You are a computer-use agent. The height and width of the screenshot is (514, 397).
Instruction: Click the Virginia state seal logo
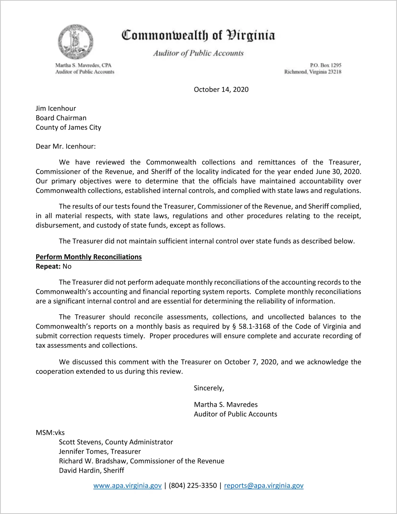click(76, 42)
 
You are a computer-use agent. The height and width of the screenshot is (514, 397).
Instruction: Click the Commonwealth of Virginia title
click(198, 35)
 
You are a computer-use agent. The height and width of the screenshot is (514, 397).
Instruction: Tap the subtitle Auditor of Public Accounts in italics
click(198, 53)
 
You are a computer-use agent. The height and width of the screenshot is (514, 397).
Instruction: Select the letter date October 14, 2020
click(221, 89)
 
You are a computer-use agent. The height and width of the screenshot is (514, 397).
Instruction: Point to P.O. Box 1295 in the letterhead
click(326, 65)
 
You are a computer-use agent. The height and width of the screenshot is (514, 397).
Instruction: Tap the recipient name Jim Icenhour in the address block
click(56, 108)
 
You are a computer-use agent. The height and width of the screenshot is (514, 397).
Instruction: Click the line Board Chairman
click(61, 118)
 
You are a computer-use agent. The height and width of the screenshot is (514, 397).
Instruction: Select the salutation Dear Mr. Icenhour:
click(66, 146)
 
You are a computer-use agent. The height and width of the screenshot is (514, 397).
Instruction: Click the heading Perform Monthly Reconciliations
click(89, 257)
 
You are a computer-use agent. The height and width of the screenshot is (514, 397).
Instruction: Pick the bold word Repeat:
click(48, 266)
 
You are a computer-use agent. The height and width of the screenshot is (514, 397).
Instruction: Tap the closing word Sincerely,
click(209, 388)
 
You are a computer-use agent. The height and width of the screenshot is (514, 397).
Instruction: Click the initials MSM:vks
click(50, 433)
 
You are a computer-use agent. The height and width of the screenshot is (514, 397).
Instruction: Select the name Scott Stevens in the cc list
click(80, 442)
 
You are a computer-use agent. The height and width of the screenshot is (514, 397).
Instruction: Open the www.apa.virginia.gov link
click(127, 486)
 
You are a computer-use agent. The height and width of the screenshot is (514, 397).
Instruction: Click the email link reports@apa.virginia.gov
click(264, 486)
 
